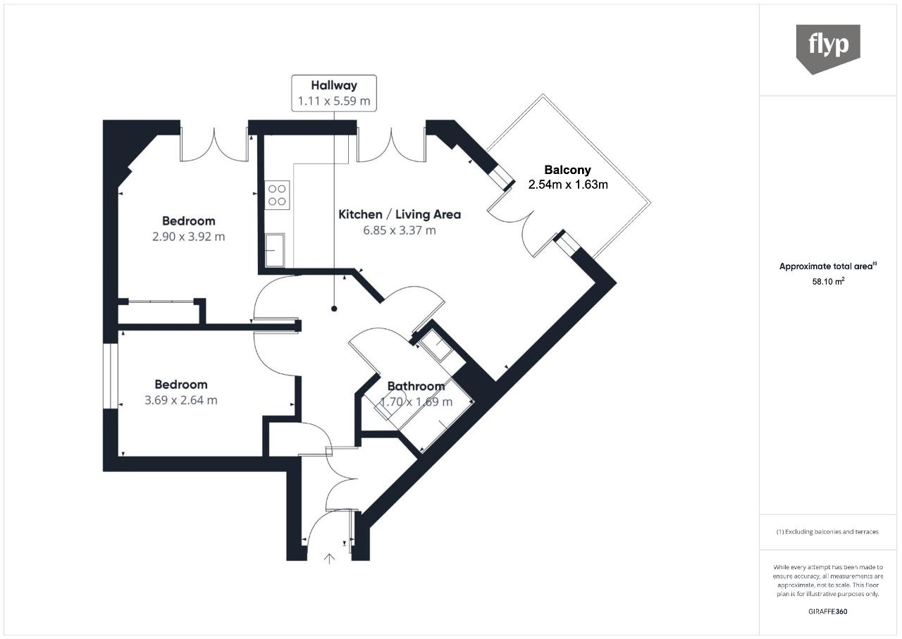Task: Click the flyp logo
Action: (828, 48)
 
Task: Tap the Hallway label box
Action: (334, 93)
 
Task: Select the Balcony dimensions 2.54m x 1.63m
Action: (568, 185)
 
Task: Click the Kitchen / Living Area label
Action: (400, 214)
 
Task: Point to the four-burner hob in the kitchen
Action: (276, 194)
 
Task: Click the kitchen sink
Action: (274, 250)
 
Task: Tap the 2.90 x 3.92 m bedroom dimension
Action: (188, 237)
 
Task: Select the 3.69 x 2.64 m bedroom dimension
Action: (180, 400)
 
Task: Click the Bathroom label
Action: (416, 386)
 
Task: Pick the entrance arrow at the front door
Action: (329, 559)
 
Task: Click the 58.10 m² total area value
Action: (828, 280)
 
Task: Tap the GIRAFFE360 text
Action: (828, 612)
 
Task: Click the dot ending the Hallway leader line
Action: (334, 309)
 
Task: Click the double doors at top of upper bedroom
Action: (214, 144)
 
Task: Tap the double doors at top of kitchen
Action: (391, 144)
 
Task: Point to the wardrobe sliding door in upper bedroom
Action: (161, 302)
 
